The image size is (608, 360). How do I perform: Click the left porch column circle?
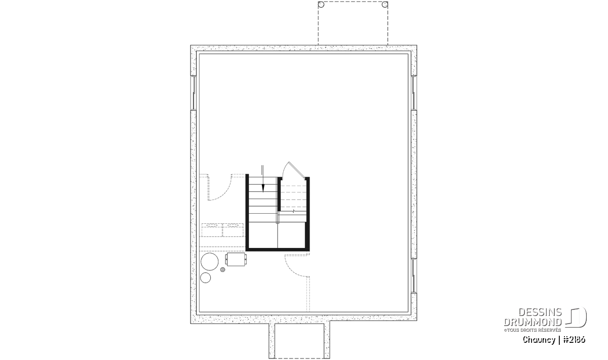coord(321,5)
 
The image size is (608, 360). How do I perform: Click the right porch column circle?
coord(385,5)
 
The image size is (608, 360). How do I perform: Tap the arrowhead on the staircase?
coord(263,188)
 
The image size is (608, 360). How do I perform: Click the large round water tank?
coord(210,262)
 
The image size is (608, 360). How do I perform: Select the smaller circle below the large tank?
coord(206,277)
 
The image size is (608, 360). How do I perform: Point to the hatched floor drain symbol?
coord(222,269)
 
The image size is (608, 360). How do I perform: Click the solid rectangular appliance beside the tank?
coord(236,259)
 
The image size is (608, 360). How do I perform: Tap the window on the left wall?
coord(194,93)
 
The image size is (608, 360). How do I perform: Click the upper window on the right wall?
coord(413,93)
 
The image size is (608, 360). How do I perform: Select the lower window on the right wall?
coord(413,275)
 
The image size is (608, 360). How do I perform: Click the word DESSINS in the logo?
coord(540,312)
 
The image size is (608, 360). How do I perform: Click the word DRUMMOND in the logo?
coord(533,322)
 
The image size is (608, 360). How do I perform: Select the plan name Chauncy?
coord(539,340)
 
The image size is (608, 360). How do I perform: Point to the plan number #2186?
coord(574,340)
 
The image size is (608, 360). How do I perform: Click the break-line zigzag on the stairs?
coord(293,211)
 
